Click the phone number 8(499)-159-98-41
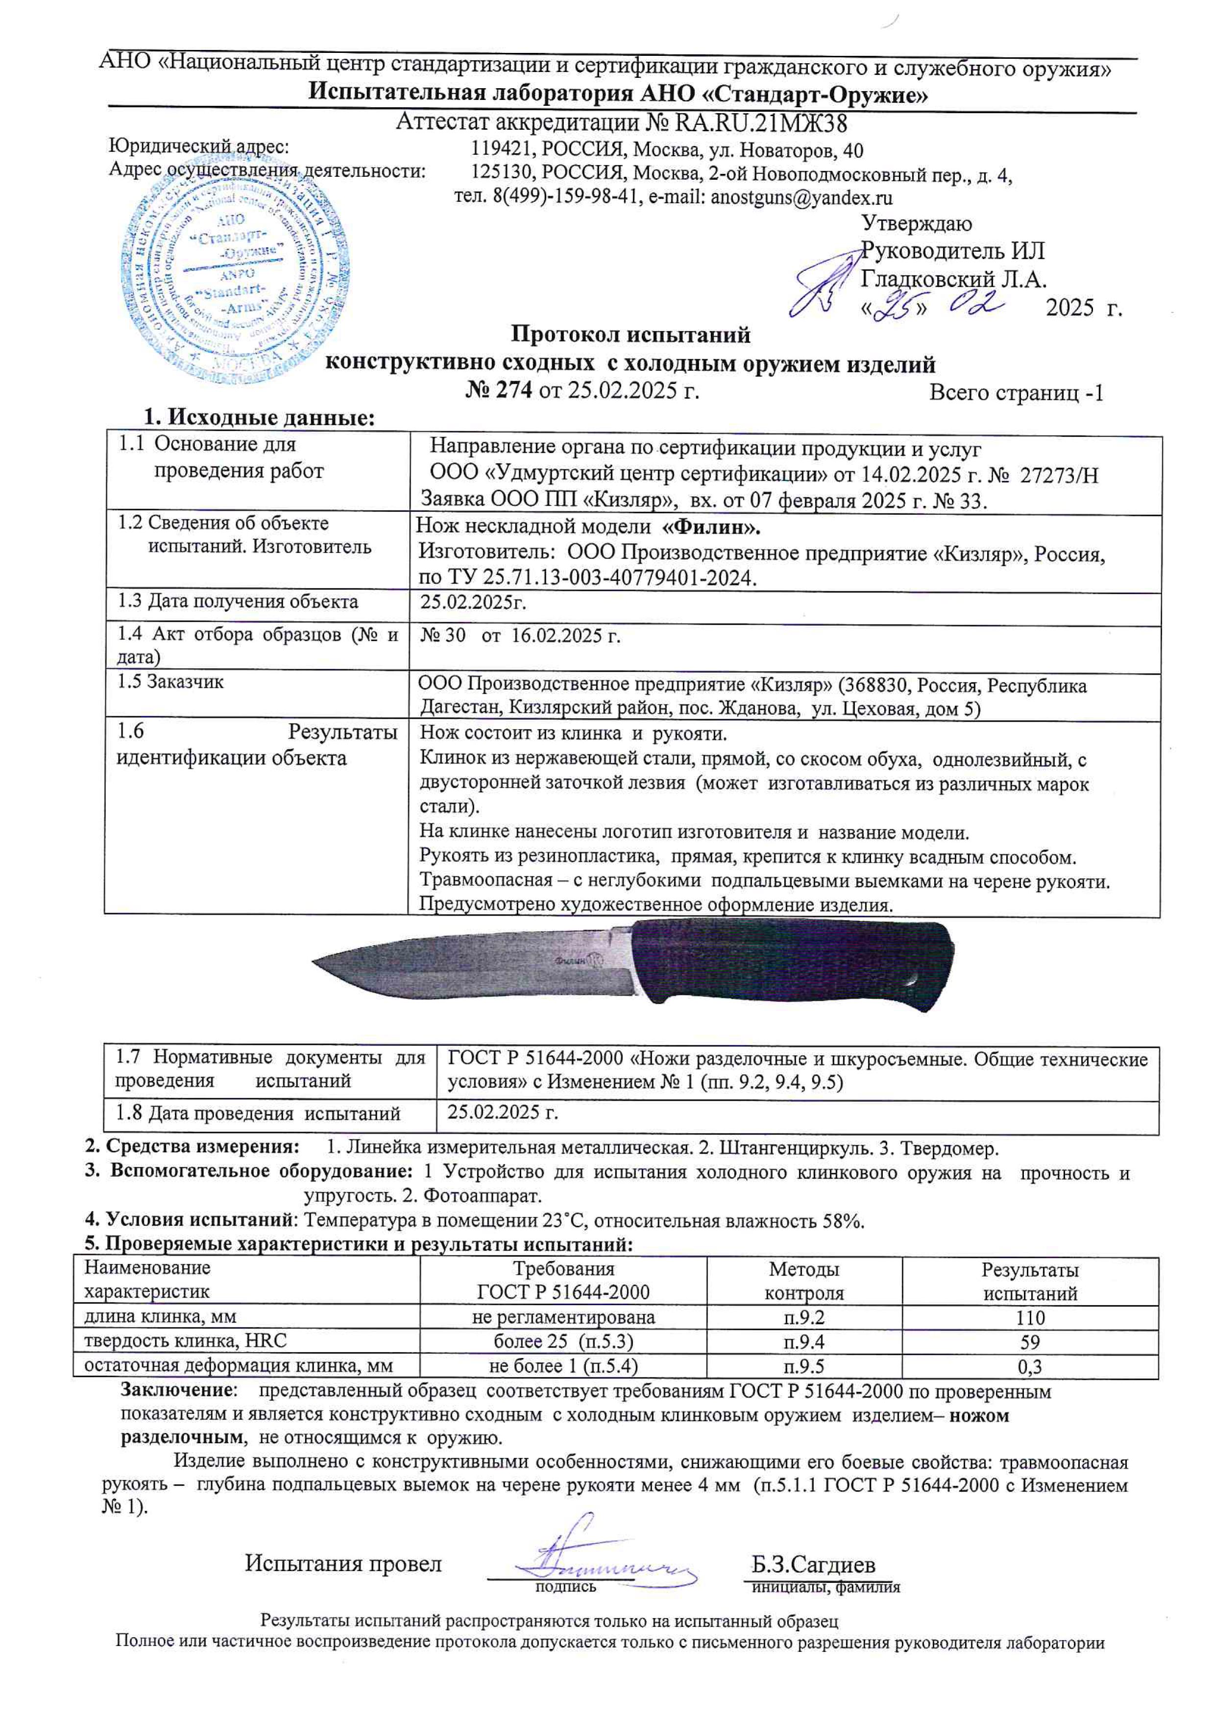pos(565,198)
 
